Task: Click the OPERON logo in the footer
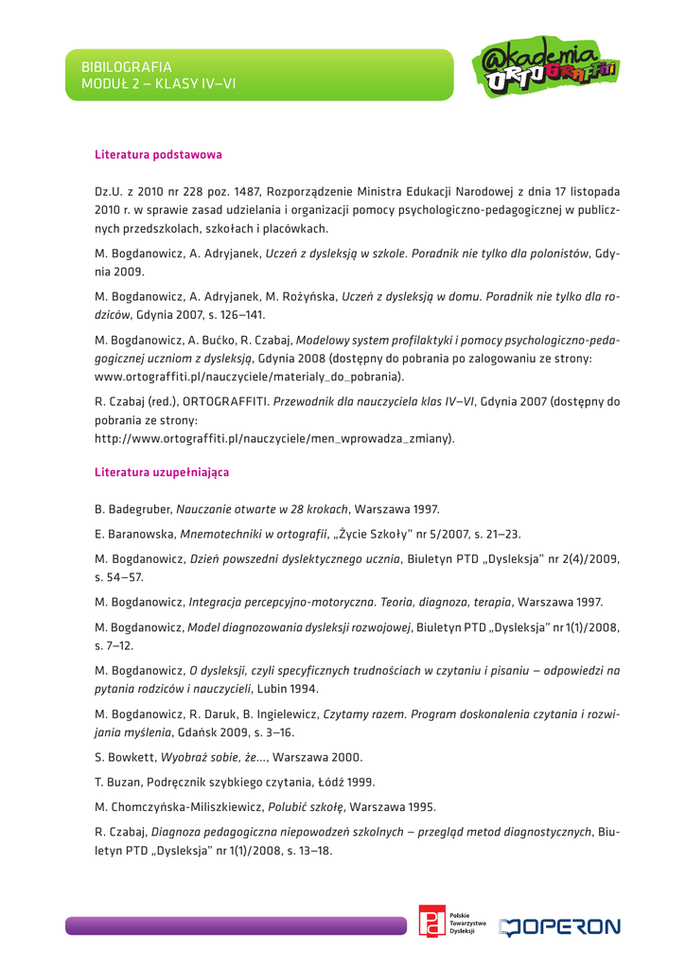563,925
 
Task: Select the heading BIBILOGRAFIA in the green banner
127,67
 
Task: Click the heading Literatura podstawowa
158,153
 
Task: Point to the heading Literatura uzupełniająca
162,470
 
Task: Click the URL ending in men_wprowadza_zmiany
274,438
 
